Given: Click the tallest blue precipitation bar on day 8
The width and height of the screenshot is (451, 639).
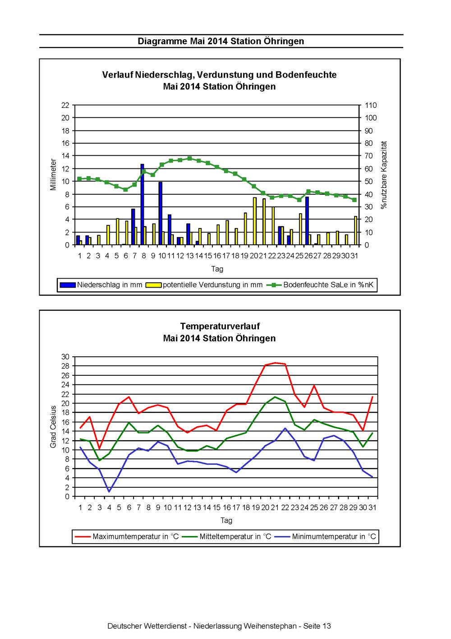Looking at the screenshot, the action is (x=142, y=204).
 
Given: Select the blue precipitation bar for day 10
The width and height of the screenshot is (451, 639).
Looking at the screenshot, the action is (x=161, y=214).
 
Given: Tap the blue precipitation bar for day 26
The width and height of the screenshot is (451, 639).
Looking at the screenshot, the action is (x=307, y=221).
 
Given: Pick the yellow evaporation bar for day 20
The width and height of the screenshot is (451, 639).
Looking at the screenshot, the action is (x=255, y=221).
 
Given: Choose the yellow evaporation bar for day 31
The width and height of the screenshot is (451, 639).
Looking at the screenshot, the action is (x=355, y=230).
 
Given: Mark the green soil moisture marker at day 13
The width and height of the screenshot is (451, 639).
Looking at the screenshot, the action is (x=190, y=159).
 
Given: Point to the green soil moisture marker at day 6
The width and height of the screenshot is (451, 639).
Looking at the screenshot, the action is (x=125, y=189).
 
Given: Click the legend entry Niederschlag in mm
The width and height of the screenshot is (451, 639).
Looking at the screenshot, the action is (x=101, y=285).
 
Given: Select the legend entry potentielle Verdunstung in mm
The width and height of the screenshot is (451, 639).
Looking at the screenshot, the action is (x=204, y=285).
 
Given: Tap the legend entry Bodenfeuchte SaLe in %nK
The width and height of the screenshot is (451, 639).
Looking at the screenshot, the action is (x=320, y=285).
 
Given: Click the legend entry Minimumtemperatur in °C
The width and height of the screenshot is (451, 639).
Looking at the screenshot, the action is (x=325, y=536).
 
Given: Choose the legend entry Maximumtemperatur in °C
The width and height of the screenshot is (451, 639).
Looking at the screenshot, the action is (x=127, y=536).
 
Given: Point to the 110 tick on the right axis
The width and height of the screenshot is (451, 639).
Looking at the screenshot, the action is (x=371, y=105).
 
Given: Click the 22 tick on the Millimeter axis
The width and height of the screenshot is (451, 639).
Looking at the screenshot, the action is (x=65, y=105).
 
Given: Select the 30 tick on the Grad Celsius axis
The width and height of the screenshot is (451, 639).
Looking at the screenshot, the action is (x=65, y=357).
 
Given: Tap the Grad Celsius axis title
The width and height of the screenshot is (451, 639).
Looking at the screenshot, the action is (x=53, y=427).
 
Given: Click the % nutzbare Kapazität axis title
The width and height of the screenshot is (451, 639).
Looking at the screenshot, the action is (x=384, y=175).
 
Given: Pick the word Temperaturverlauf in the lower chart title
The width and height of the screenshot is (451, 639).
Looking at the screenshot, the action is (x=220, y=326).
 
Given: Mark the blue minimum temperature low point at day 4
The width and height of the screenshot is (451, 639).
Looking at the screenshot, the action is (x=109, y=491).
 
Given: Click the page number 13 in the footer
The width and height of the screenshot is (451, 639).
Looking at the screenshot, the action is (x=326, y=626).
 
